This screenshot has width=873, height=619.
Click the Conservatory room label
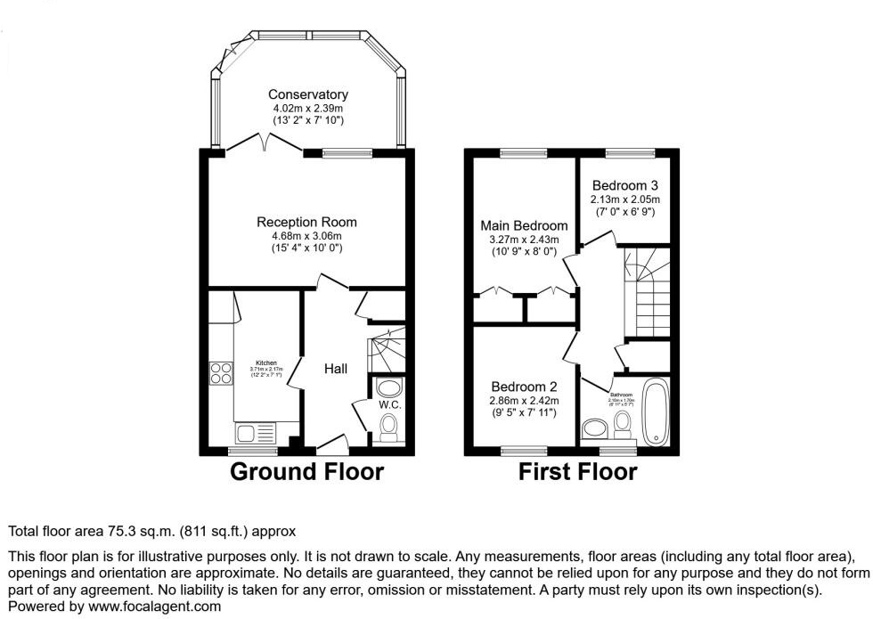(x=308, y=94)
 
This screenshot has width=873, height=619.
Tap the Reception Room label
(x=306, y=222)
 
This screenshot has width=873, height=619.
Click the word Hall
(x=336, y=369)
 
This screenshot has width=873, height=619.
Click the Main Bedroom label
(x=524, y=225)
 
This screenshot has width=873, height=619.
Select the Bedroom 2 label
(x=524, y=387)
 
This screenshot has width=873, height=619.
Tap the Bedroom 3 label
(x=624, y=185)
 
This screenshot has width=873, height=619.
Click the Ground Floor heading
(x=306, y=471)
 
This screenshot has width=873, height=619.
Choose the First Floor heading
(x=577, y=471)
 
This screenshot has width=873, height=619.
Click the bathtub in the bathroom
(x=656, y=411)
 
